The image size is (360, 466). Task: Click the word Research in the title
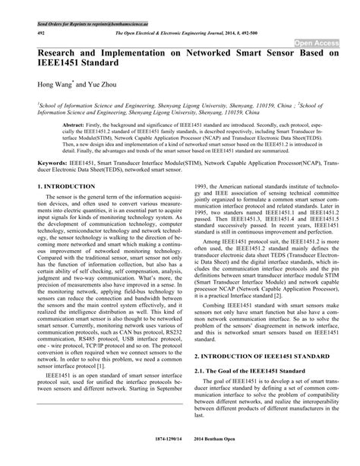click(x=62, y=56)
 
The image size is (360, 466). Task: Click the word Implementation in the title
click(x=144, y=56)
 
